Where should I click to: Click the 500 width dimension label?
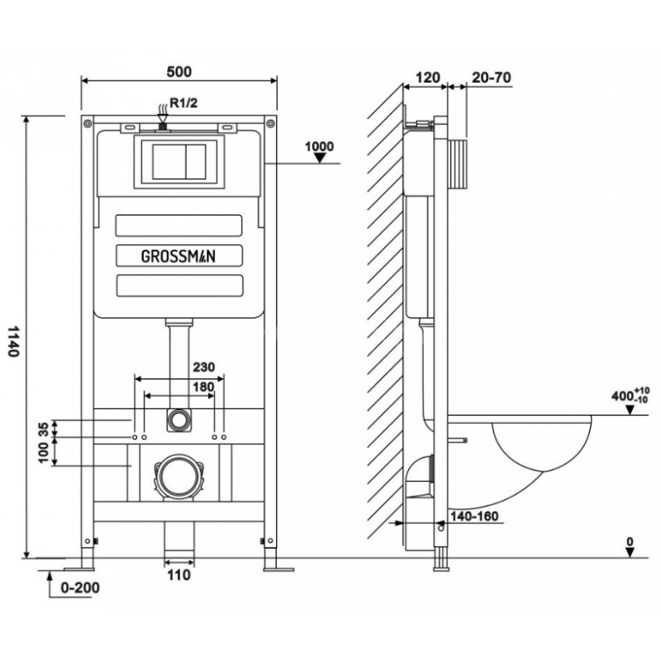coord(178,71)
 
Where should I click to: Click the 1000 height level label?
coord(319,147)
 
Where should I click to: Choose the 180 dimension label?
coord(202,386)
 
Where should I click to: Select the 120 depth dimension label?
coord(426,77)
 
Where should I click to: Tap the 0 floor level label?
coord(630,543)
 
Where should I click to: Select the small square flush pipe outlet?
coord(177,419)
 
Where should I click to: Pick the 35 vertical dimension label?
coord(43,429)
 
